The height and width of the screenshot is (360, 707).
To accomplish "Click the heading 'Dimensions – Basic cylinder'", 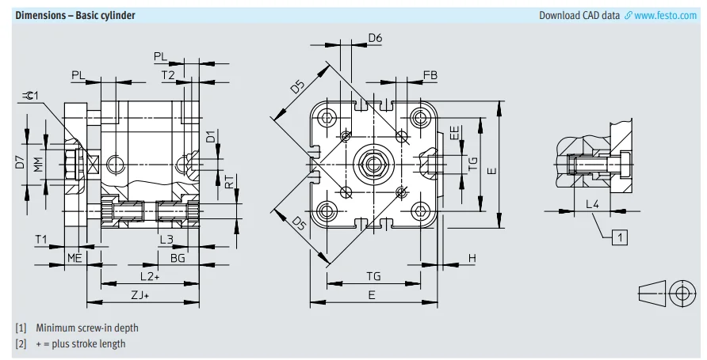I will click(x=75, y=15).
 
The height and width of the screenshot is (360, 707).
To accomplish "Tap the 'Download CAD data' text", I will click(x=579, y=15).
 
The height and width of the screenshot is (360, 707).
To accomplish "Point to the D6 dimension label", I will click(x=375, y=38).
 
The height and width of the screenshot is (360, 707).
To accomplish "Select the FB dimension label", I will click(x=430, y=75).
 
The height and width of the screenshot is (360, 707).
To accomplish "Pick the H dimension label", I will click(x=472, y=259).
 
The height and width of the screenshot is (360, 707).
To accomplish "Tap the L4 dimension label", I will click(x=593, y=204).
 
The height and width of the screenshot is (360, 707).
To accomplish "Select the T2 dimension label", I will click(x=168, y=75).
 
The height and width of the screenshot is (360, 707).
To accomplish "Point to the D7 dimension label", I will click(x=21, y=165).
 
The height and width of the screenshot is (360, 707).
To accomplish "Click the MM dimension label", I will click(x=37, y=165).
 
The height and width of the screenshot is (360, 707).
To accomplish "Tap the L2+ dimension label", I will click(x=150, y=276).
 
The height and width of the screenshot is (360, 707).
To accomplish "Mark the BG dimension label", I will click(x=178, y=258).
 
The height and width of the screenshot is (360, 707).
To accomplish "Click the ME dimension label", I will click(x=75, y=258).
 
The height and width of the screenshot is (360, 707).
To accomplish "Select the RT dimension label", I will click(x=229, y=184).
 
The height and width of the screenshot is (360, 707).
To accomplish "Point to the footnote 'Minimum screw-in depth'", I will click(x=86, y=328).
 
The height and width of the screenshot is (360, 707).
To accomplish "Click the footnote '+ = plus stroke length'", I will click(x=80, y=343).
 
